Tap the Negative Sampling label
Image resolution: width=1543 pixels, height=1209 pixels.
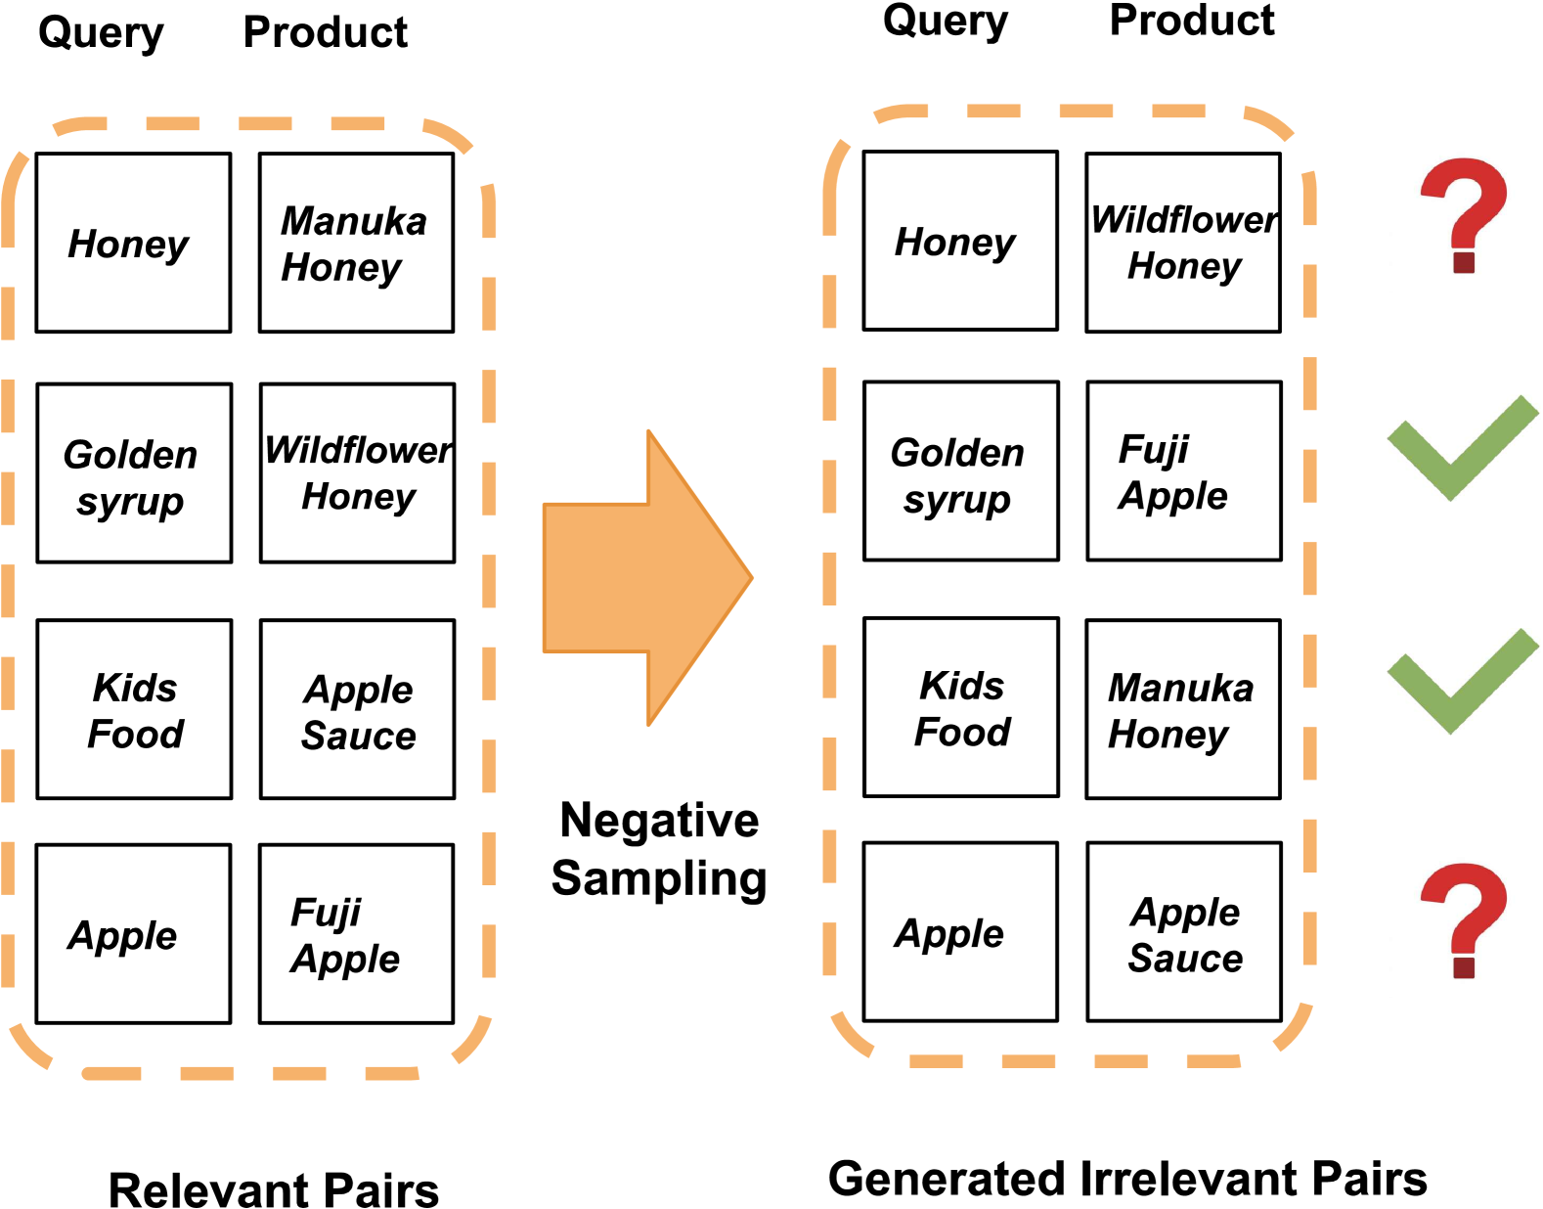point(659,849)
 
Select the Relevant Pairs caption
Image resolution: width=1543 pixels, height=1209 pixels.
point(274,1189)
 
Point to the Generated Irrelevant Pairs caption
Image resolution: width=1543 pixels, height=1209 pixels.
point(1127,1178)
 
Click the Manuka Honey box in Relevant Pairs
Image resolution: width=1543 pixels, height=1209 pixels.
point(356,243)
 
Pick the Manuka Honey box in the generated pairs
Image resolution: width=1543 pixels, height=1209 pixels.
point(1183,709)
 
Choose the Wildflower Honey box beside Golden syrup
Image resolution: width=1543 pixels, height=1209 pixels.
point(358,472)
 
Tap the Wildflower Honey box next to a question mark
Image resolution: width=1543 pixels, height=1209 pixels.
point(1183,242)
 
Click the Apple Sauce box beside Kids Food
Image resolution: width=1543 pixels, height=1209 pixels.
point(358,709)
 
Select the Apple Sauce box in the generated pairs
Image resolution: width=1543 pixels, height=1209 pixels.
point(1184,932)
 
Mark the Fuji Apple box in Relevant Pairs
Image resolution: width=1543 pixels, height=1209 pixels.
point(356,934)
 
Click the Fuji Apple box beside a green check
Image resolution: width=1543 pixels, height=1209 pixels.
point(1184,470)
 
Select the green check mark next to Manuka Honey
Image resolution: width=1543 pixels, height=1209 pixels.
point(1461,682)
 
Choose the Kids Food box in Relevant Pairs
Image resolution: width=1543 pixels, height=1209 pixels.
point(135,709)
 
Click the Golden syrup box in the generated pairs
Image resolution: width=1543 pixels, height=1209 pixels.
point(961,470)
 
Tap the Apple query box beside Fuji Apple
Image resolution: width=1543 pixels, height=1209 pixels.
point(134,934)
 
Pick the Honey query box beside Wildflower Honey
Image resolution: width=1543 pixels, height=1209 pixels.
point(960,241)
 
